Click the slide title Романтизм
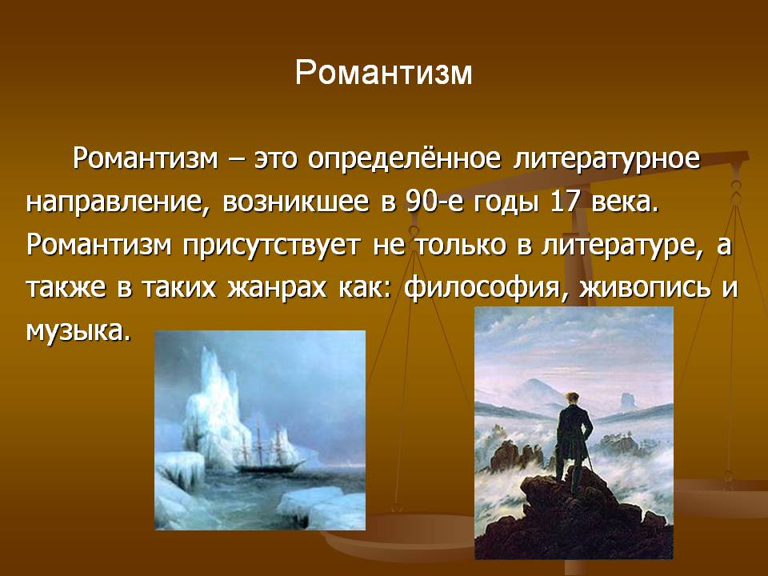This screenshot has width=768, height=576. point(383,73)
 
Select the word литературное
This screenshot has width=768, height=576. point(607,158)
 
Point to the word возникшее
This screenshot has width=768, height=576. point(296,201)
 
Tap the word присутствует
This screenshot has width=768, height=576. point(271,245)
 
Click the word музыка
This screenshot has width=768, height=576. point(79,331)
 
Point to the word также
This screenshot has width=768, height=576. point(66,288)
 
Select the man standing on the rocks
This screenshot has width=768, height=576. point(572,441)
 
